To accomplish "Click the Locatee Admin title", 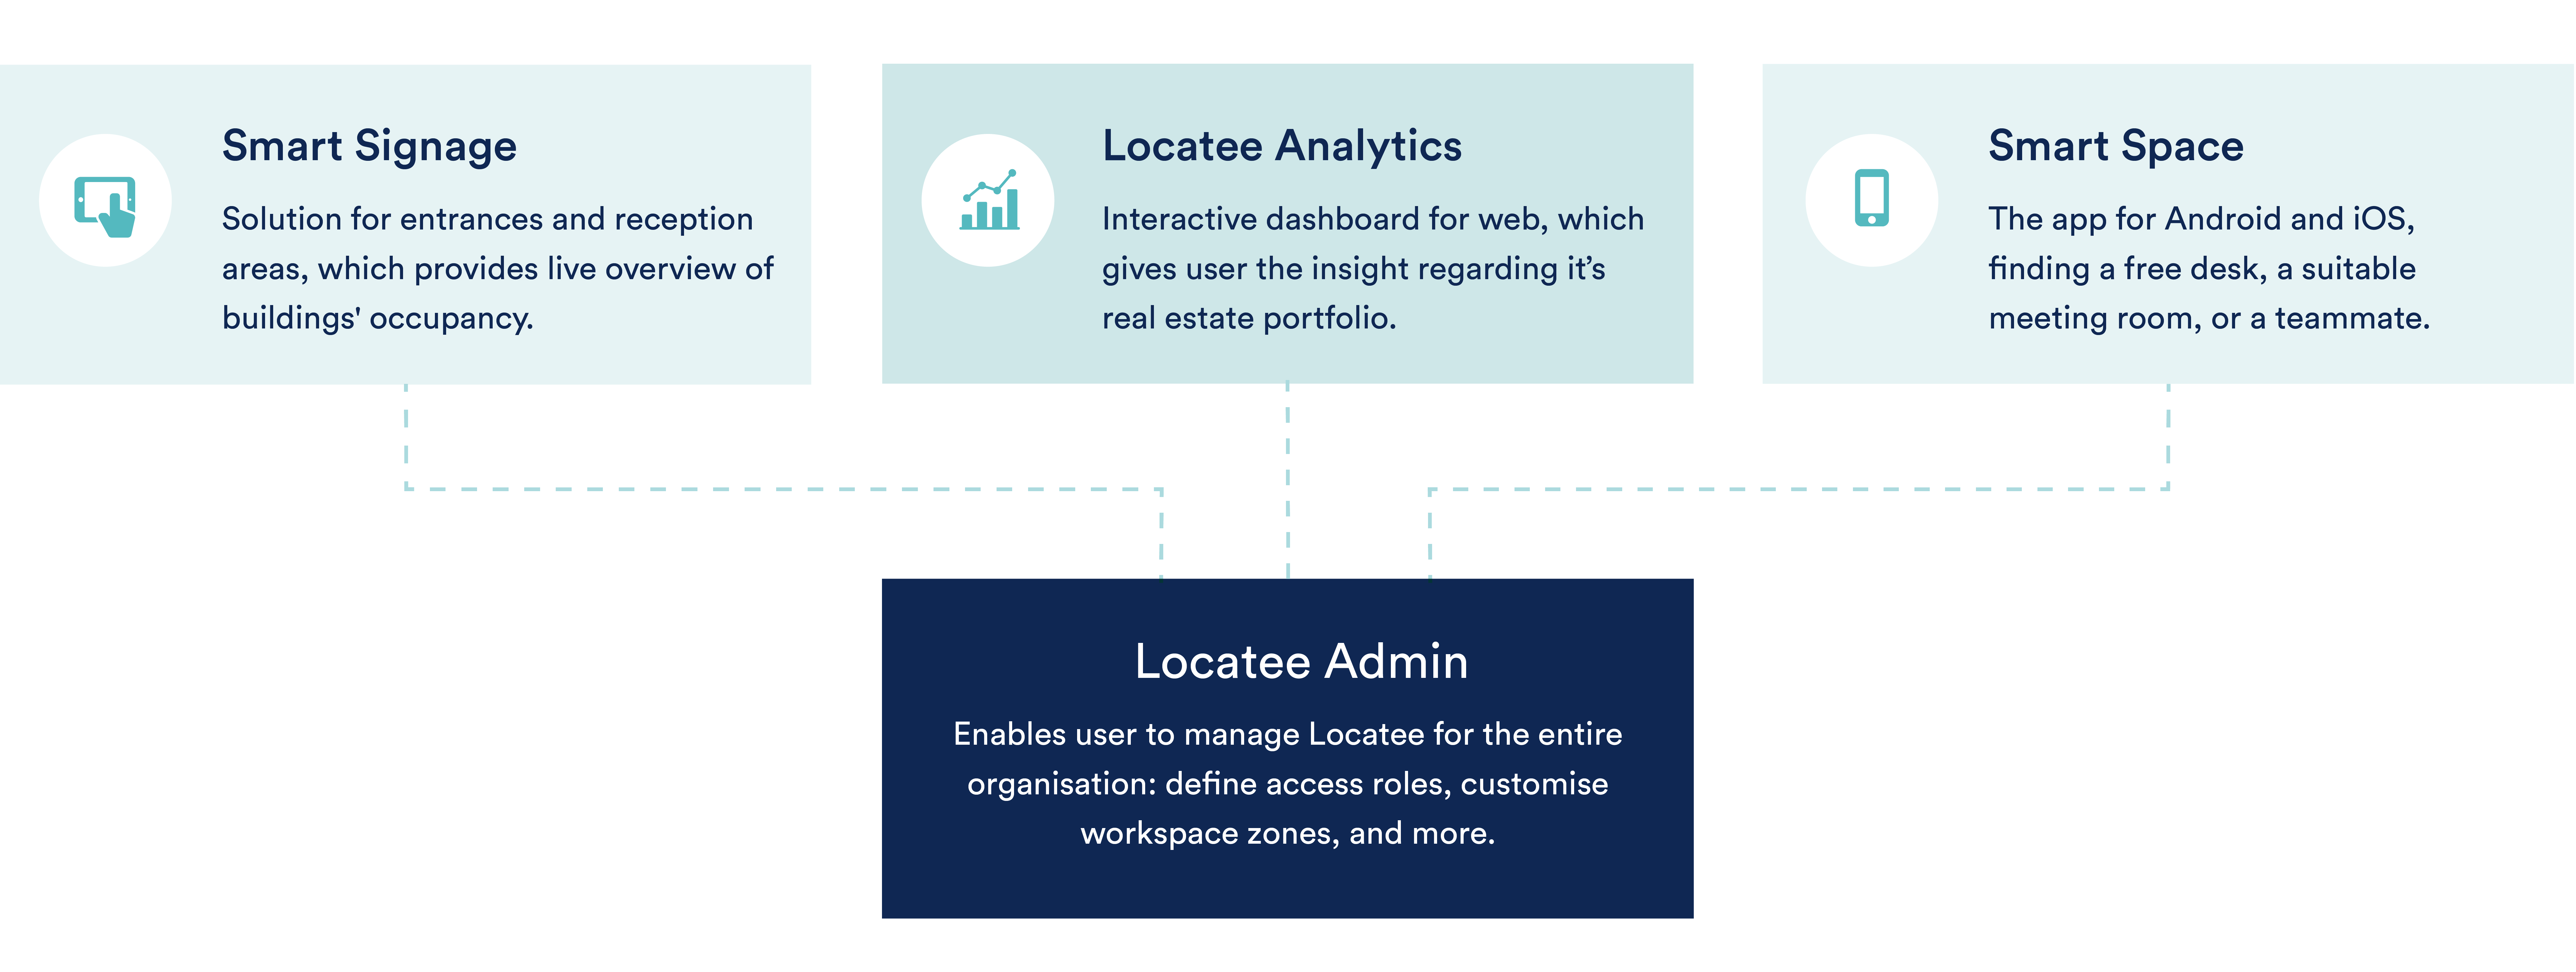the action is [1301, 661].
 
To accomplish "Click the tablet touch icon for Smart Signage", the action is [105, 206].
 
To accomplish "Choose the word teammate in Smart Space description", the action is [2352, 319].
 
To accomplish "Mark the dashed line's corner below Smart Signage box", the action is [406, 489].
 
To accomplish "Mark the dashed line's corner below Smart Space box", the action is [2168, 489].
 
